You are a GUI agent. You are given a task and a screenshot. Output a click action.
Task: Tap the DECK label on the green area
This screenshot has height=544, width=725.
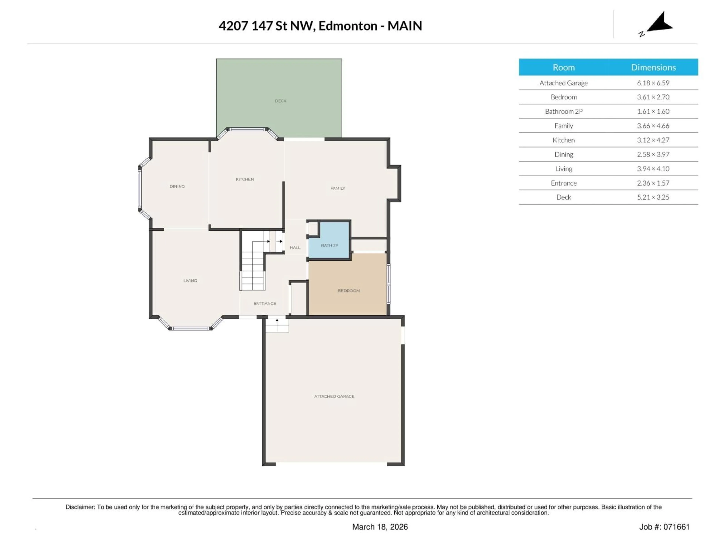click(281, 101)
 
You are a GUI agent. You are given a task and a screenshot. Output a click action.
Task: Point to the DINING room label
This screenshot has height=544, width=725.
click(177, 186)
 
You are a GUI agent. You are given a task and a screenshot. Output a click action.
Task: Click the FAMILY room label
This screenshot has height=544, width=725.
click(338, 188)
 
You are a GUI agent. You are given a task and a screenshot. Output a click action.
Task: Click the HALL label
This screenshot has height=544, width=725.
click(295, 248)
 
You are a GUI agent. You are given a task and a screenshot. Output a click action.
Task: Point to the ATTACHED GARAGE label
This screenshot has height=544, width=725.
click(334, 396)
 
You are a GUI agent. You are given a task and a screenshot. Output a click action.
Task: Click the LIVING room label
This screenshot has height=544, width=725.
click(190, 280)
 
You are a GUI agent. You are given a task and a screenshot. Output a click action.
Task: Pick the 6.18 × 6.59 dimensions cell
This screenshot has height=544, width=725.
click(653, 83)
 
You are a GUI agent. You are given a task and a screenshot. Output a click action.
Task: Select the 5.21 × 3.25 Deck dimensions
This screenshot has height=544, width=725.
click(653, 197)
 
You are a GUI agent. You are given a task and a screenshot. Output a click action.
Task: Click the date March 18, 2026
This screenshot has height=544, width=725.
click(380, 527)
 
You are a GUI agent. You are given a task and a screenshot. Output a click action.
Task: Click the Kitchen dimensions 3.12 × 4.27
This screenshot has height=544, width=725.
click(653, 140)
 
